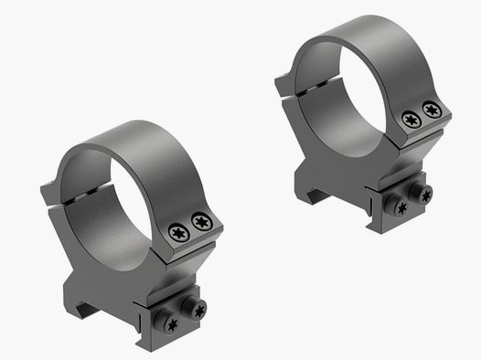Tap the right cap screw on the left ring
pyautogui.click(x=200, y=222)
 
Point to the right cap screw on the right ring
pyautogui.click(x=433, y=111)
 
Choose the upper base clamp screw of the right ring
pyautogui.click(x=422, y=192)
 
